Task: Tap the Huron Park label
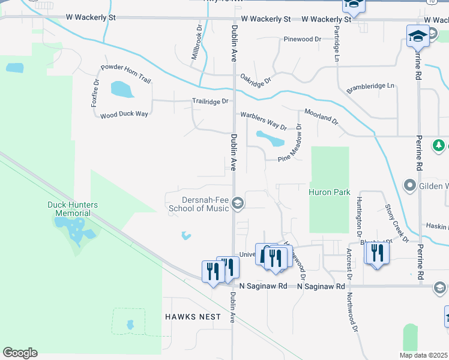pos(329,193)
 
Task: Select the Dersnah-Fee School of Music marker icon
pos(238,203)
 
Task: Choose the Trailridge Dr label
pos(210,101)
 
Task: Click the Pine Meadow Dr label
pos(289,144)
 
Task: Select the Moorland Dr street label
pos(322,116)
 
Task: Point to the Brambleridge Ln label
pos(370,88)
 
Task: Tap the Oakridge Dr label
pos(256,78)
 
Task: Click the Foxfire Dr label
pos(95,92)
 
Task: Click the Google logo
pos(20,353)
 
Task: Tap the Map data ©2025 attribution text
pos(423,355)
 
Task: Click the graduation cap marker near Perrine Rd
pos(418,37)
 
